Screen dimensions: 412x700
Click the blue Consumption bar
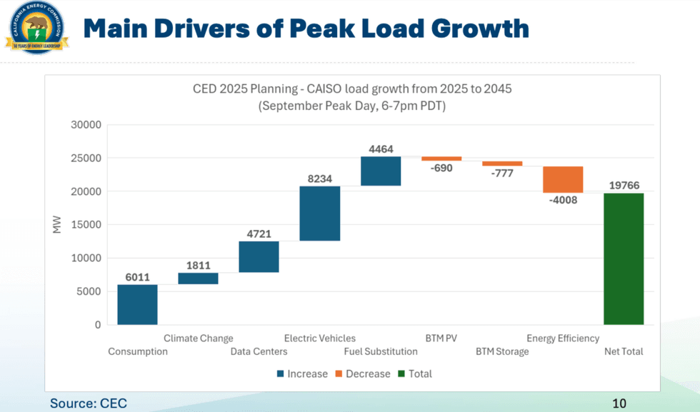click(x=137, y=305)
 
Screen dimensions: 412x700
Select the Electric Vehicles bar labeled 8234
click(x=319, y=213)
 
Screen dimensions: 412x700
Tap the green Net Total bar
click(x=623, y=258)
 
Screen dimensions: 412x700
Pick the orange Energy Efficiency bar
click(x=563, y=179)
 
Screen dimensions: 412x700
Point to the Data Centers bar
click(x=259, y=257)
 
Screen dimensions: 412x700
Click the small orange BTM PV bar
click(x=441, y=159)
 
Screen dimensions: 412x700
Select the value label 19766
click(x=624, y=186)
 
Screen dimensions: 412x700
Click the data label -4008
click(x=563, y=200)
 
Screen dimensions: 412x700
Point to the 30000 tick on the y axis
click(x=85, y=125)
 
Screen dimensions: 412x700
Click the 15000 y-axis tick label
click(x=85, y=225)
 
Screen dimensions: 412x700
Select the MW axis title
click(x=57, y=225)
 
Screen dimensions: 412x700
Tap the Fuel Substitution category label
click(x=381, y=351)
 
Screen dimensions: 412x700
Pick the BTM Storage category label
click(x=502, y=351)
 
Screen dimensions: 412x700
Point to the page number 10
click(x=619, y=403)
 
